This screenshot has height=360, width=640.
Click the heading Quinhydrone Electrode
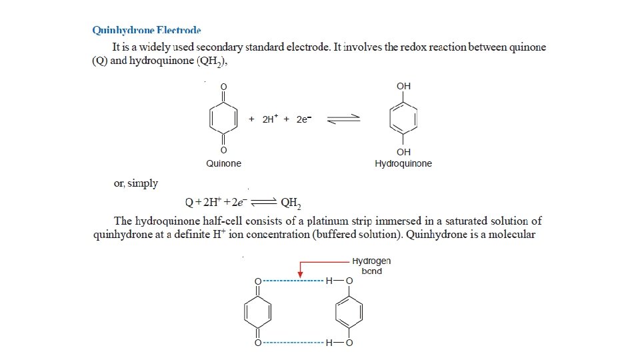[x=146, y=30]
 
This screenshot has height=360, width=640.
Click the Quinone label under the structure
[x=223, y=163]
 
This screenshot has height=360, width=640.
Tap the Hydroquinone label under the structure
[x=403, y=164]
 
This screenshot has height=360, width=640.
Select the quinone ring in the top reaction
[x=223, y=119]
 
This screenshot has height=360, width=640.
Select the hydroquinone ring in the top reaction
[x=403, y=119]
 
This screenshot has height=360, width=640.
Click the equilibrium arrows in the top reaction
[x=344, y=119]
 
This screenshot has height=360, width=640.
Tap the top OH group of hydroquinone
[x=403, y=86]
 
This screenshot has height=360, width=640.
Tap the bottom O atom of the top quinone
[x=223, y=150]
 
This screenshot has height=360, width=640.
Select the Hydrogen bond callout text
[x=371, y=266]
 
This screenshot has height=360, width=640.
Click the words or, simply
[x=136, y=183]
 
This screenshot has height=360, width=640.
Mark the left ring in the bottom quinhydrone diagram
[x=257, y=313]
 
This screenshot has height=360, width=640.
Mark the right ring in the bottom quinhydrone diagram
[x=349, y=313]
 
